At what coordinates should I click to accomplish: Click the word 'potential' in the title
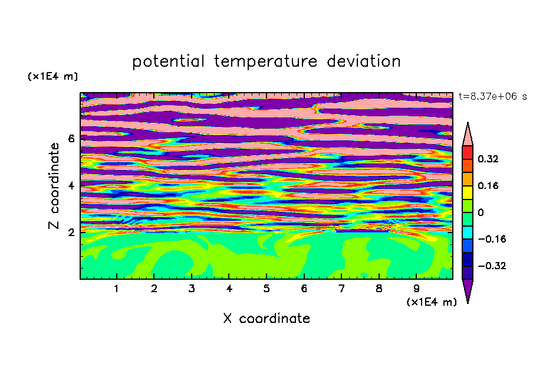coord(169,61)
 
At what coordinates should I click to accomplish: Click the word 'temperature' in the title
coord(266,61)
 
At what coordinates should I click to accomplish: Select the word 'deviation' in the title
coord(364,61)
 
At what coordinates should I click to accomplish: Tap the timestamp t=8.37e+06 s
coord(492,97)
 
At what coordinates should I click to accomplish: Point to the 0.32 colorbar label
coord(488,159)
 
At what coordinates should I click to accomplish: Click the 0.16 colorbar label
coord(488,185)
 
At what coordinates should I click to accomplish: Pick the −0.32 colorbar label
coord(492,266)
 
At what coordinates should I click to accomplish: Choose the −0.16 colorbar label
coord(492,239)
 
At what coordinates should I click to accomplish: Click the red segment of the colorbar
coord(468,152)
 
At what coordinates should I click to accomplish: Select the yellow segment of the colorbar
coord(468,192)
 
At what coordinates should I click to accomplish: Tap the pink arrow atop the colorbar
coord(468,134)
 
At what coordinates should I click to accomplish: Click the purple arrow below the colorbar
coord(468,291)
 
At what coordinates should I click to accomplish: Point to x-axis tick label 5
coord(266,289)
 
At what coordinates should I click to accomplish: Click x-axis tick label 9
coord(416,289)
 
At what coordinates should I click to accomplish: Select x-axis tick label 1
coord(117,289)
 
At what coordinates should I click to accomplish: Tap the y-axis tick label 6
coord(71,139)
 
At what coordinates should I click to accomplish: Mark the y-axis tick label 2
coord(71,232)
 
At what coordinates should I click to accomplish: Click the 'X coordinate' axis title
coord(266,318)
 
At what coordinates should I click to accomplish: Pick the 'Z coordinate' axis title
coord(54,186)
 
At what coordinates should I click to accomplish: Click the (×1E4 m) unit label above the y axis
coord(52,76)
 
